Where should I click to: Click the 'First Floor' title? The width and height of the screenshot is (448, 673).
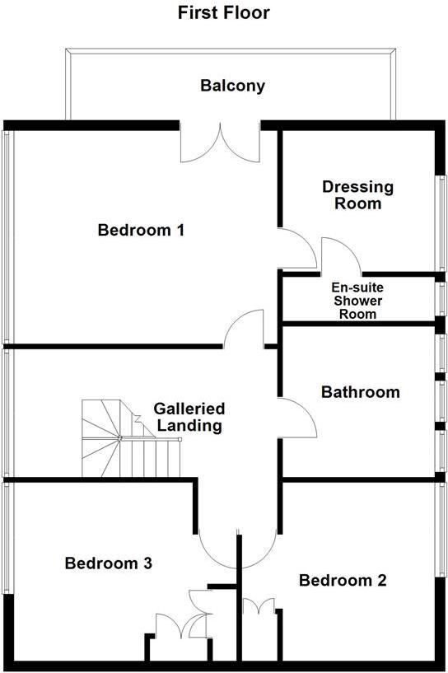coord(224,12)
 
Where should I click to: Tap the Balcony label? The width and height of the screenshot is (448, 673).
coord(233,86)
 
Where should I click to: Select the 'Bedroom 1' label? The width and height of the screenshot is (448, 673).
coord(141,230)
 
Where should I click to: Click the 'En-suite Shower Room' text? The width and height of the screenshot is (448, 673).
coord(357,301)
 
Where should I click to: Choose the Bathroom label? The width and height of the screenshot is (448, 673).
coord(361,392)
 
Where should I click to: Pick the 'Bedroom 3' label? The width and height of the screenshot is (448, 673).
coord(109,563)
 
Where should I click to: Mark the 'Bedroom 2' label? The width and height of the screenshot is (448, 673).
coord(343,580)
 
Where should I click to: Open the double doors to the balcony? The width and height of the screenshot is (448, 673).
coord(221,144)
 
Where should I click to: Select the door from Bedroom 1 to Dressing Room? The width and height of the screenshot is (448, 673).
coord(296,248)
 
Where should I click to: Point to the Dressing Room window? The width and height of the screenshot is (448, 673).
coord(442,222)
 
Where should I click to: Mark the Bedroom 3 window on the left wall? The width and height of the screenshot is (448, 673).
coord(7,535)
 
